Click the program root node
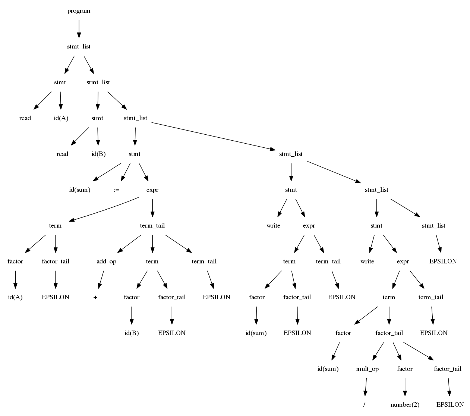pos(79,11)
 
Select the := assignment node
pos(117,190)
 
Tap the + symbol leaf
pos(96,297)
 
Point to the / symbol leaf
pos(364,405)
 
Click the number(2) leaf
pos(405,405)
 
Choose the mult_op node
pos(367,369)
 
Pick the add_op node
pos(106,262)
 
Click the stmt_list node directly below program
pos(79,47)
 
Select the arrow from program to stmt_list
pos(79,29)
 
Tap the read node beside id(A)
pos(25,118)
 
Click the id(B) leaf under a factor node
pos(132,333)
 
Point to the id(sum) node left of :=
pos(80,190)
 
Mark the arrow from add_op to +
pos(101,279)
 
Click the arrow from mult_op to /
pos(366,387)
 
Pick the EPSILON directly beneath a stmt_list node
pos(443,262)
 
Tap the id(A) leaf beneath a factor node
pos(15,297)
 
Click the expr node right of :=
pos(152,190)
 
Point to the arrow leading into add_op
pos(130,244)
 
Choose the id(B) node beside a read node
pos(98,154)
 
